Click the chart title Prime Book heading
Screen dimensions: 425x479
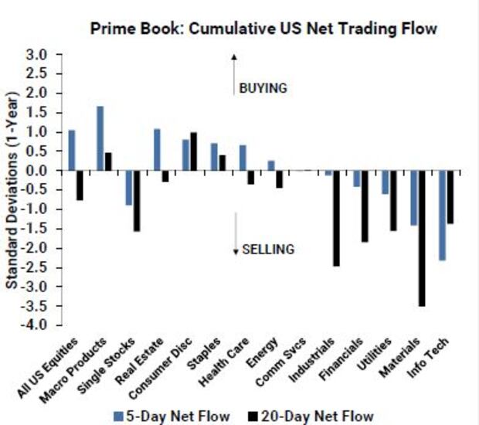coord(263,29)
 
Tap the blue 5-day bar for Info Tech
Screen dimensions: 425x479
coord(442,216)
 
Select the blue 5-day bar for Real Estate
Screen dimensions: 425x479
coord(157,150)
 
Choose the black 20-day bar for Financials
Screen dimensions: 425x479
coord(365,206)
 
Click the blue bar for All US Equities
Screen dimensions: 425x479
coord(72,150)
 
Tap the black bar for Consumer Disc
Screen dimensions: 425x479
coord(193,151)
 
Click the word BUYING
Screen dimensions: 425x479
coord(263,88)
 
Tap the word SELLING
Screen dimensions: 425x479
coord(268,249)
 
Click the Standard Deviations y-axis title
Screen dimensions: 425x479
coord(13,189)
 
